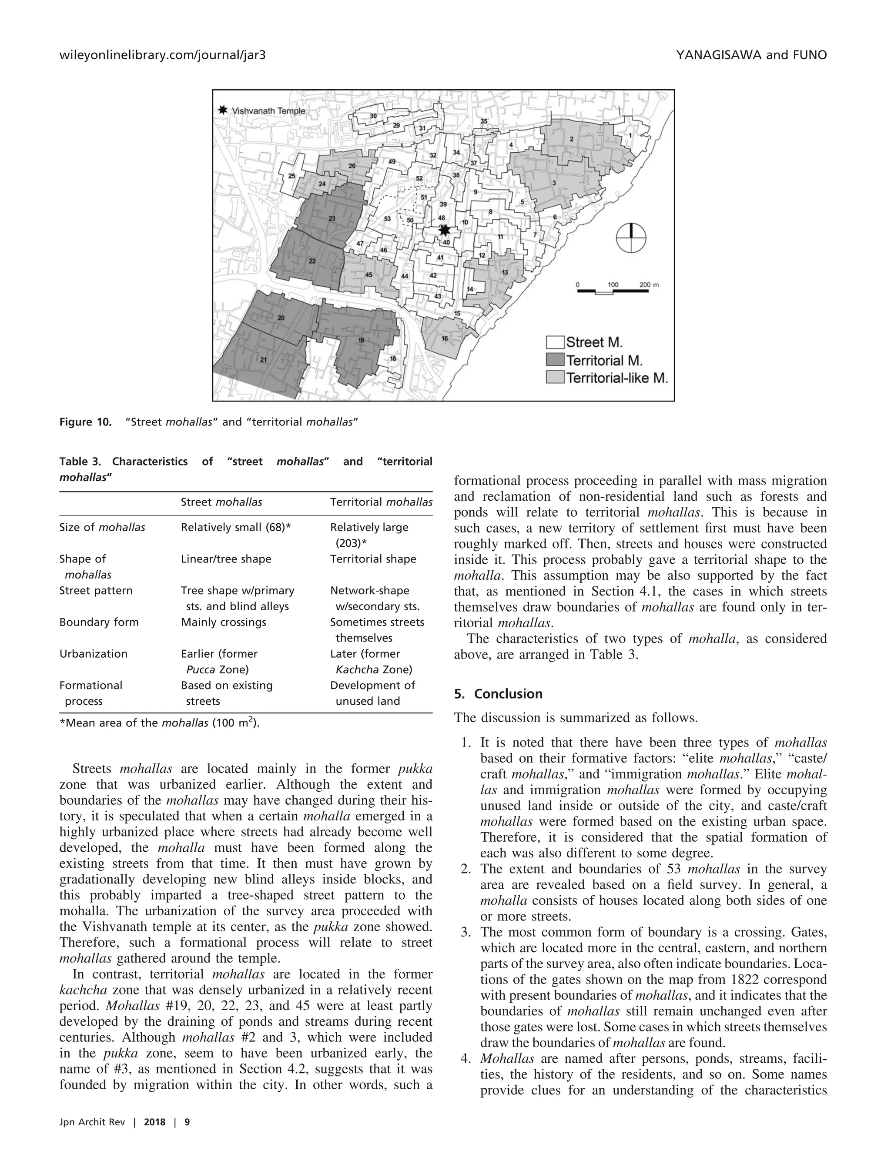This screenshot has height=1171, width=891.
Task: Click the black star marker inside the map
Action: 445,230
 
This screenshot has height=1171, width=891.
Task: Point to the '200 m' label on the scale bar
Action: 648,285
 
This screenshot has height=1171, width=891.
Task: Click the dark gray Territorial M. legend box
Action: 555,361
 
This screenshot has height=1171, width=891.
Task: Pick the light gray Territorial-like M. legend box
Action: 555,378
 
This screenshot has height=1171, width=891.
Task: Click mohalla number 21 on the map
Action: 264,360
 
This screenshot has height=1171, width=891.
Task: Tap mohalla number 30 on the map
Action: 373,116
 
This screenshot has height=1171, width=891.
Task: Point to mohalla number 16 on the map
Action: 445,338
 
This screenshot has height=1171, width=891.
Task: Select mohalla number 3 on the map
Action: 554,183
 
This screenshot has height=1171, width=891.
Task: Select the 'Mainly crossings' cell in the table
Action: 223,622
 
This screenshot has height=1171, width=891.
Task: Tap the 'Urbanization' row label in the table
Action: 94,654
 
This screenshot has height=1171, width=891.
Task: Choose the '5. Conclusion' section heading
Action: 498,694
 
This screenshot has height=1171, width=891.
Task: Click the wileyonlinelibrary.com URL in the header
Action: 162,55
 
